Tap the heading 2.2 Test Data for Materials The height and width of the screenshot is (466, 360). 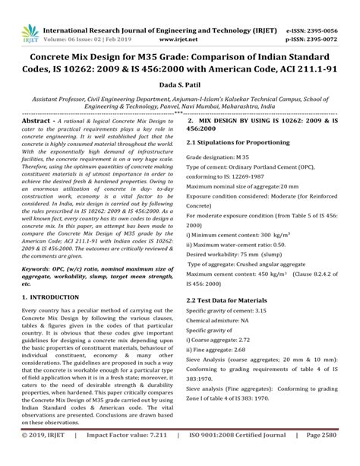point(232,301)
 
